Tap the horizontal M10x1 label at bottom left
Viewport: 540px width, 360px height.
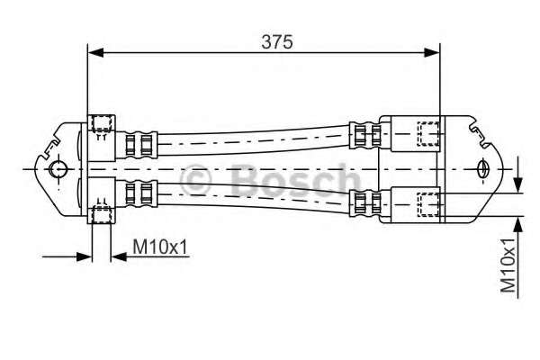[160, 246]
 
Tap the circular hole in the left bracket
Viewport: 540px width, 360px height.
[58, 169]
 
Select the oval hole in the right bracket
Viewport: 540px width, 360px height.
[484, 168]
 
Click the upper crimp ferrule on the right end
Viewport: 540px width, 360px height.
[363, 136]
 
